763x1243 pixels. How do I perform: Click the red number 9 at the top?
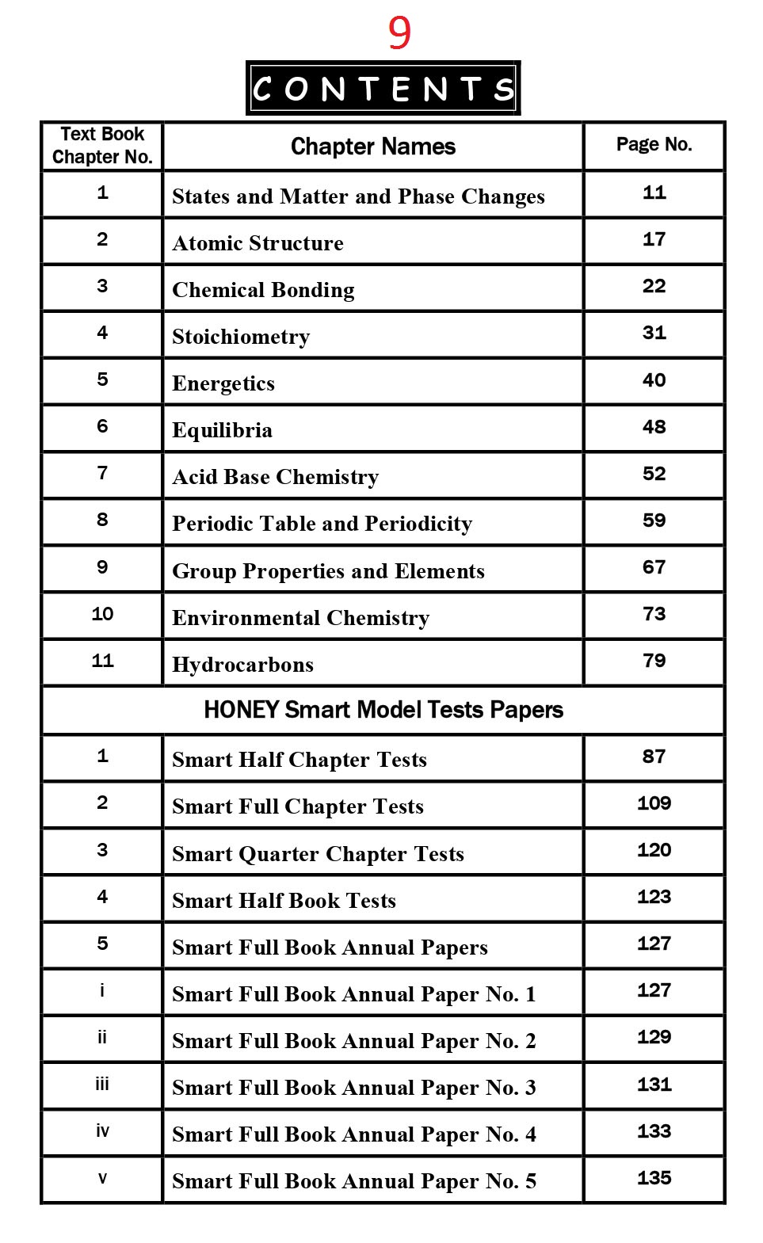click(x=399, y=33)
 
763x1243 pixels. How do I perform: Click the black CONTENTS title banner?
click(x=383, y=89)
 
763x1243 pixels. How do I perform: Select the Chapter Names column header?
click(x=373, y=147)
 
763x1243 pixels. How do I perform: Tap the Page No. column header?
click(x=654, y=144)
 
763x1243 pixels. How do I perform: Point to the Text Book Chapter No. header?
click(x=102, y=145)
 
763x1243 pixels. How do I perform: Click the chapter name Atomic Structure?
click(x=258, y=243)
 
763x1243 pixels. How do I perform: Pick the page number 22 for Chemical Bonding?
click(x=654, y=286)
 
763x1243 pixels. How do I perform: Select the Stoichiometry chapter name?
click(x=241, y=337)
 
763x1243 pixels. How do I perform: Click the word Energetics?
click(x=223, y=383)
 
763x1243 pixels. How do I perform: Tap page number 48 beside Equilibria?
click(x=654, y=427)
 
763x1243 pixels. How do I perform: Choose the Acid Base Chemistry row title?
click(x=276, y=477)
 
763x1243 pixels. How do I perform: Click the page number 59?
click(x=654, y=520)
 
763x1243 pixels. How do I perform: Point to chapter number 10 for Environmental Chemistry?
click(x=102, y=614)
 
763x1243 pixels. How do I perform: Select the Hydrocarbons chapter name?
click(x=243, y=665)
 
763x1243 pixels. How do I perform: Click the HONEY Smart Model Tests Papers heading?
click(x=383, y=710)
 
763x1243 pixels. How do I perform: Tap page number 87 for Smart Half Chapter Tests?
click(x=654, y=757)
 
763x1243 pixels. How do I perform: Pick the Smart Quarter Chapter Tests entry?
click(x=318, y=854)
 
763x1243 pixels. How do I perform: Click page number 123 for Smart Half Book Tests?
click(x=654, y=897)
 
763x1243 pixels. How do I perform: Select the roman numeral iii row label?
click(x=102, y=1085)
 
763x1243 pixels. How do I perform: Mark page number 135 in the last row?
click(x=654, y=1178)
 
